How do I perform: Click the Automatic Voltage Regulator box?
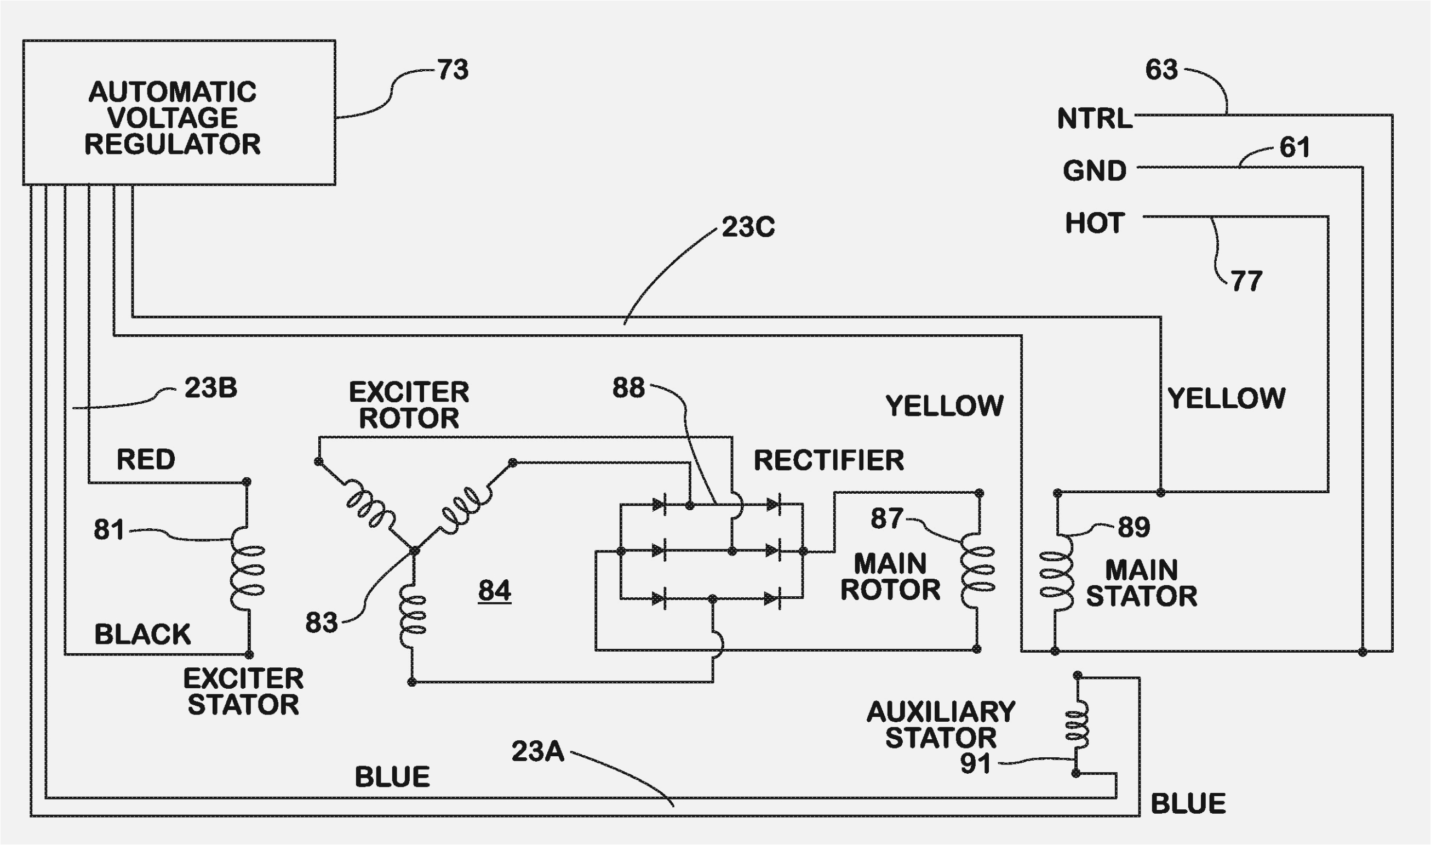pyautogui.click(x=179, y=113)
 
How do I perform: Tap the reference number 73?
pyautogui.click(x=453, y=70)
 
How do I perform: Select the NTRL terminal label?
pyautogui.click(x=1095, y=118)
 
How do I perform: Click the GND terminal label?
pyautogui.click(x=1095, y=170)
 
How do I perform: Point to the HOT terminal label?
pyautogui.click(x=1095, y=222)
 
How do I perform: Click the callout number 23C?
pyautogui.click(x=748, y=227)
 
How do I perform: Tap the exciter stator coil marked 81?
pyautogui.click(x=248, y=570)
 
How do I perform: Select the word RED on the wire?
pyautogui.click(x=146, y=460)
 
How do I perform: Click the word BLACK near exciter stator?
pyautogui.click(x=142, y=635)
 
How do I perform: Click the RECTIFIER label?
pyautogui.click(x=829, y=460)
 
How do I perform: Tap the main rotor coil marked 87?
pyautogui.click(x=977, y=570)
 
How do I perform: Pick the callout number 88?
pyautogui.click(x=628, y=388)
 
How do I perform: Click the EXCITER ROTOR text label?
pyautogui.click(x=409, y=405)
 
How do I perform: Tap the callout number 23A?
pyautogui.click(x=537, y=751)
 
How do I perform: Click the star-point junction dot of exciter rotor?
pyautogui.click(x=414, y=551)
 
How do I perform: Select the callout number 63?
pyautogui.click(x=1161, y=70)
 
